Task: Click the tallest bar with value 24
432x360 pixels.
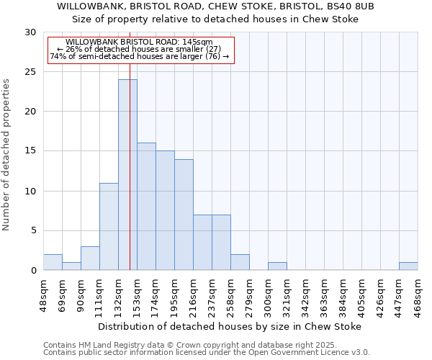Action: [127, 175]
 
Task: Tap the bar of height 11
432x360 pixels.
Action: [109, 226]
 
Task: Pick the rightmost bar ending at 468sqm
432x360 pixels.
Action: [408, 266]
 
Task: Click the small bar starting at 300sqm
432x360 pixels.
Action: [277, 266]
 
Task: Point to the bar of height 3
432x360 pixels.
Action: [90, 258]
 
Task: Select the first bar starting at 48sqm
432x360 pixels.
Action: [53, 262]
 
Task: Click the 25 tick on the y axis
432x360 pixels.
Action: [30, 72]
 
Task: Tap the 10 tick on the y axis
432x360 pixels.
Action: [30, 191]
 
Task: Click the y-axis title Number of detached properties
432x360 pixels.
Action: [6, 155]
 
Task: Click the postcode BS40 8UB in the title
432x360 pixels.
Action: [349, 6]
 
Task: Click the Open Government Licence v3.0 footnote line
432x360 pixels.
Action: [206, 353]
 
